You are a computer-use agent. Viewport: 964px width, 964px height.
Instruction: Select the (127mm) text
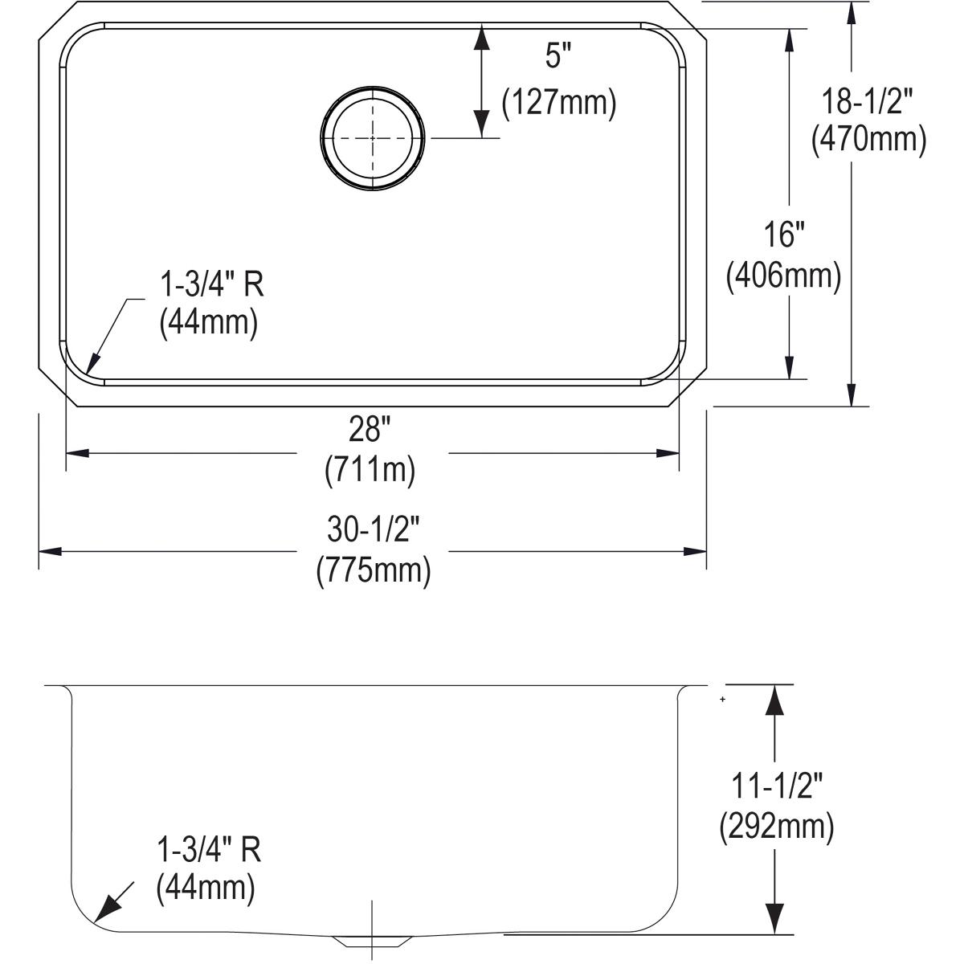(558, 104)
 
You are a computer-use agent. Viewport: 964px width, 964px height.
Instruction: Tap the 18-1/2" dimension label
(868, 102)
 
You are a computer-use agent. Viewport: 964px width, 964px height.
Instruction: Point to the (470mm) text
(868, 140)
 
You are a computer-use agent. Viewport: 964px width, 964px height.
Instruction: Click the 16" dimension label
(783, 235)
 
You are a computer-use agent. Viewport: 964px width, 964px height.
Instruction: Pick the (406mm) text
(783, 276)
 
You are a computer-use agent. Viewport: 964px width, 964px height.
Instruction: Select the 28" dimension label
(370, 431)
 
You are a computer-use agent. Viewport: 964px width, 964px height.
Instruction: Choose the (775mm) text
(374, 570)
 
